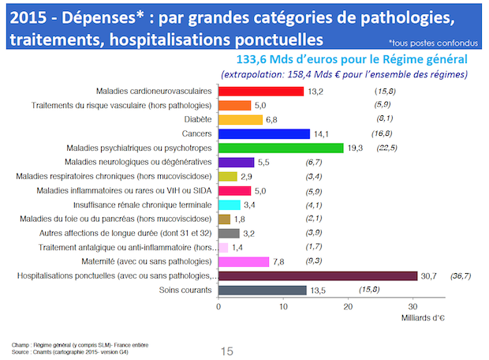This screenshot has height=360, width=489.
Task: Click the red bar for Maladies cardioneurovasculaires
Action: click(261, 92)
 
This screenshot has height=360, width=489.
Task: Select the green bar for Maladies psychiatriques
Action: click(281, 148)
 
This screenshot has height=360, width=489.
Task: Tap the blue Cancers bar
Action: click(264, 133)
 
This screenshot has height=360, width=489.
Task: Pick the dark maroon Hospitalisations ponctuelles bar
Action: click(318, 276)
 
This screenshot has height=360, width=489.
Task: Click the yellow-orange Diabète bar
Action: click(241, 119)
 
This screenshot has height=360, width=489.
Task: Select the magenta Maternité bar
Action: click(244, 261)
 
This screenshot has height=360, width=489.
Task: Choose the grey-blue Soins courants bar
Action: click(262, 290)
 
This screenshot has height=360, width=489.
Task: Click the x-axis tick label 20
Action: click(348, 306)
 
